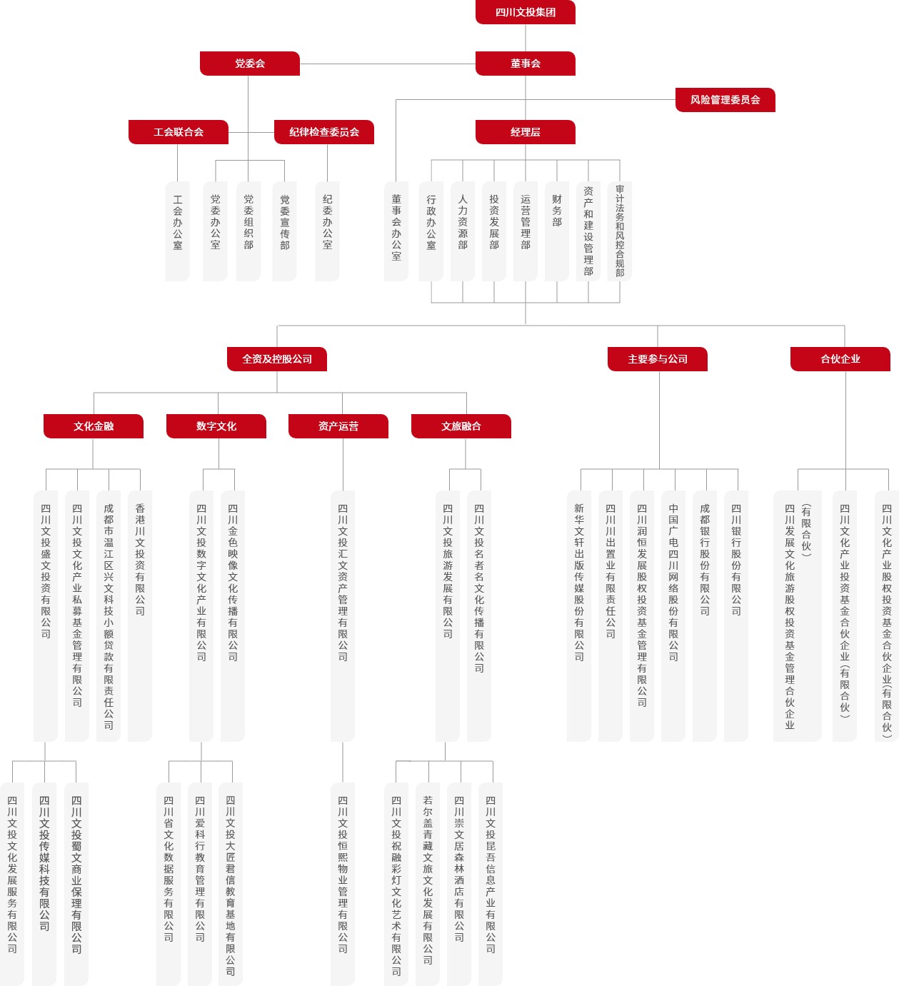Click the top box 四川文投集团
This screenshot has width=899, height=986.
(x=526, y=12)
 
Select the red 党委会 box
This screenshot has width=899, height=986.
(x=250, y=64)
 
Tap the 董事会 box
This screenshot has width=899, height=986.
(x=526, y=64)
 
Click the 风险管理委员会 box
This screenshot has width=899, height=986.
(x=725, y=100)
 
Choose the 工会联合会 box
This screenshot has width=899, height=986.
(x=179, y=132)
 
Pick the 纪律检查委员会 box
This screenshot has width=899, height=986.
(x=324, y=132)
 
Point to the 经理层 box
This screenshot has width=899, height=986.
(x=526, y=132)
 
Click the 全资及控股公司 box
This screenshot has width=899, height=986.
(x=277, y=359)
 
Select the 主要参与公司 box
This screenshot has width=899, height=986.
(x=658, y=359)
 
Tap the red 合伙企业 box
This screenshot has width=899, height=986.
(x=840, y=359)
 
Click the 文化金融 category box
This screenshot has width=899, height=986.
(x=94, y=426)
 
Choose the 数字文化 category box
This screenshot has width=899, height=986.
(x=216, y=426)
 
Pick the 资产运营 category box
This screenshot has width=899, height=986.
(x=338, y=426)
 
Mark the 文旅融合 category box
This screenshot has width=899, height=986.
(x=461, y=426)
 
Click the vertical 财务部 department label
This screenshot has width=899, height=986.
(x=557, y=231)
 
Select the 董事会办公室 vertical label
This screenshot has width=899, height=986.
(x=396, y=231)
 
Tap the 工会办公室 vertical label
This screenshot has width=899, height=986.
(x=178, y=231)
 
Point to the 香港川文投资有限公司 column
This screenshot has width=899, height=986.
(x=140, y=616)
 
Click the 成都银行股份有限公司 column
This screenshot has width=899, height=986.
(x=705, y=616)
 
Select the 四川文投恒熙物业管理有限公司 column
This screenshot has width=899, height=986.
(x=343, y=884)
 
